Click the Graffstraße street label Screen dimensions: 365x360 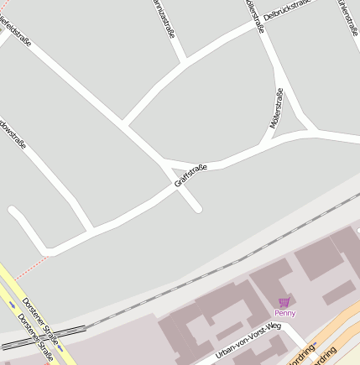pyautogui.click(x=190, y=175)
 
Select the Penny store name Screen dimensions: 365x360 pyautogui.click(x=284, y=313)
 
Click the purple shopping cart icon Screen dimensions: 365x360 pyautogui.click(x=284, y=302)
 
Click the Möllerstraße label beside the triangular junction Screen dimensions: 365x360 pyautogui.click(x=276, y=108)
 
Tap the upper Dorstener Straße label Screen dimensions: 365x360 pyautogui.click(x=39, y=314)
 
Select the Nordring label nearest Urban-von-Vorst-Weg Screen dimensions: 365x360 pyautogui.click(x=302, y=353)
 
